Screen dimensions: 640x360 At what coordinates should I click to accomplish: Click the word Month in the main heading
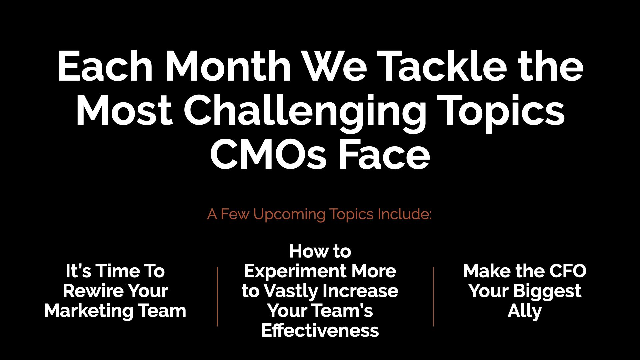[x=228, y=66]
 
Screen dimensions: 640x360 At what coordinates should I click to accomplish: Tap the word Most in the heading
[x=124, y=110]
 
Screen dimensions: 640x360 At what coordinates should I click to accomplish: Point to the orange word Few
[x=235, y=214]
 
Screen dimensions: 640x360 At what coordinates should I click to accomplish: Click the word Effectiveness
[x=320, y=331]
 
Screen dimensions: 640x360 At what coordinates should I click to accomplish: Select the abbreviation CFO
[x=568, y=271]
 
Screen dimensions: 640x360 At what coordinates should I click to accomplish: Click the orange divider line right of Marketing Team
[x=218, y=296]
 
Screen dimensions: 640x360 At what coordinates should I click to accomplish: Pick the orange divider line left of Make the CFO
[x=433, y=296]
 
